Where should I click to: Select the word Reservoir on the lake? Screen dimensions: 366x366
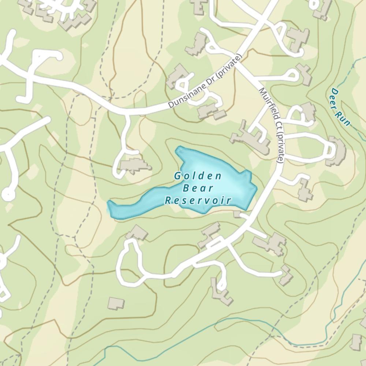pyautogui.click(x=198, y=201)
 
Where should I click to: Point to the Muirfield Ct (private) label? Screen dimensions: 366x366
pyautogui.click(x=271, y=125)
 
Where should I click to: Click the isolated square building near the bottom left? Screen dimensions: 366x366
pyautogui.click(x=116, y=303)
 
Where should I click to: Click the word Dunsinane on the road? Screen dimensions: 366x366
pyautogui.click(x=187, y=93)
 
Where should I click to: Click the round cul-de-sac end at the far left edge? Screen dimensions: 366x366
pyautogui.click(x=7, y=194)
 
